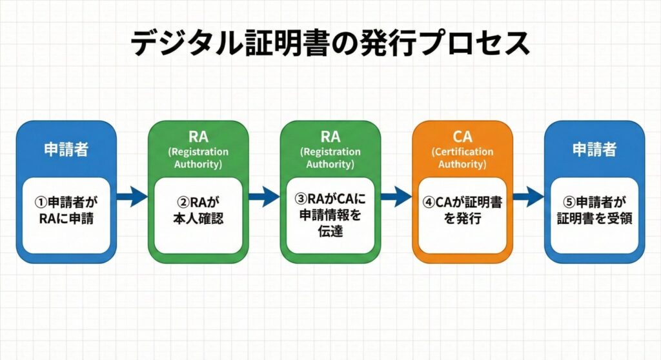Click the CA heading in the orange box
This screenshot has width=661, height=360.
coord(462,136)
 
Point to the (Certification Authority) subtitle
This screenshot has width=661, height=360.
coord(462,158)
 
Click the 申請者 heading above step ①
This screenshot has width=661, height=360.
coord(66,150)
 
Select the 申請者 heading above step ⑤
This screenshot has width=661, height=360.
coord(594,150)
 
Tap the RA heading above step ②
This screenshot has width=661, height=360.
coord(198,136)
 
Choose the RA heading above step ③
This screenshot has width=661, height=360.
coord(330,136)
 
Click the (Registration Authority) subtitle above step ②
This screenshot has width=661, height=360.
coord(198,158)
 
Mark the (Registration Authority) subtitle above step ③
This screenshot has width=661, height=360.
coord(330,158)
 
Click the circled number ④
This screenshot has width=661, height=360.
coord(429,202)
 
